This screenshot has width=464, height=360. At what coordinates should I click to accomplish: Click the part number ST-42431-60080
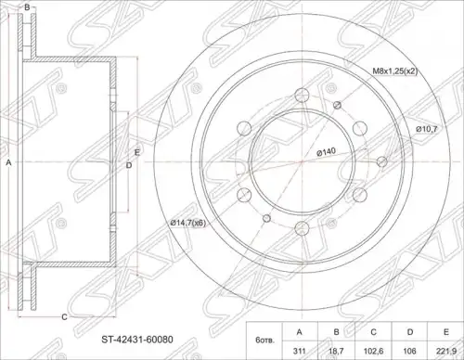(137, 340)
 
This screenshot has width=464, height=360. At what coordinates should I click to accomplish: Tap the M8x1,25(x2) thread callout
(395, 71)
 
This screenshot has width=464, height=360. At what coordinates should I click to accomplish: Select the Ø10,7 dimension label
(427, 129)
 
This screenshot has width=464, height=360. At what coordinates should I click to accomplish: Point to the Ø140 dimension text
(326, 152)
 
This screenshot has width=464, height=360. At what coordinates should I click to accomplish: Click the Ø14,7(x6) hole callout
(187, 223)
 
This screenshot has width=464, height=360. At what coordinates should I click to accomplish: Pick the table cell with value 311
(299, 351)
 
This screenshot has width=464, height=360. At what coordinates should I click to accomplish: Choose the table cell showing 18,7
(336, 351)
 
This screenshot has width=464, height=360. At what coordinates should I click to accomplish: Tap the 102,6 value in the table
(373, 351)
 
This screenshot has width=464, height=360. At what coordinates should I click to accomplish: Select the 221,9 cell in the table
(445, 351)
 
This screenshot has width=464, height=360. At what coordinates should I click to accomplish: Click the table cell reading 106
(410, 351)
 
